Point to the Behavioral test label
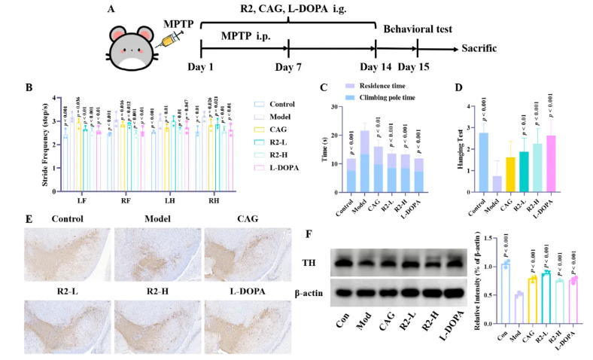pos(418,29)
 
